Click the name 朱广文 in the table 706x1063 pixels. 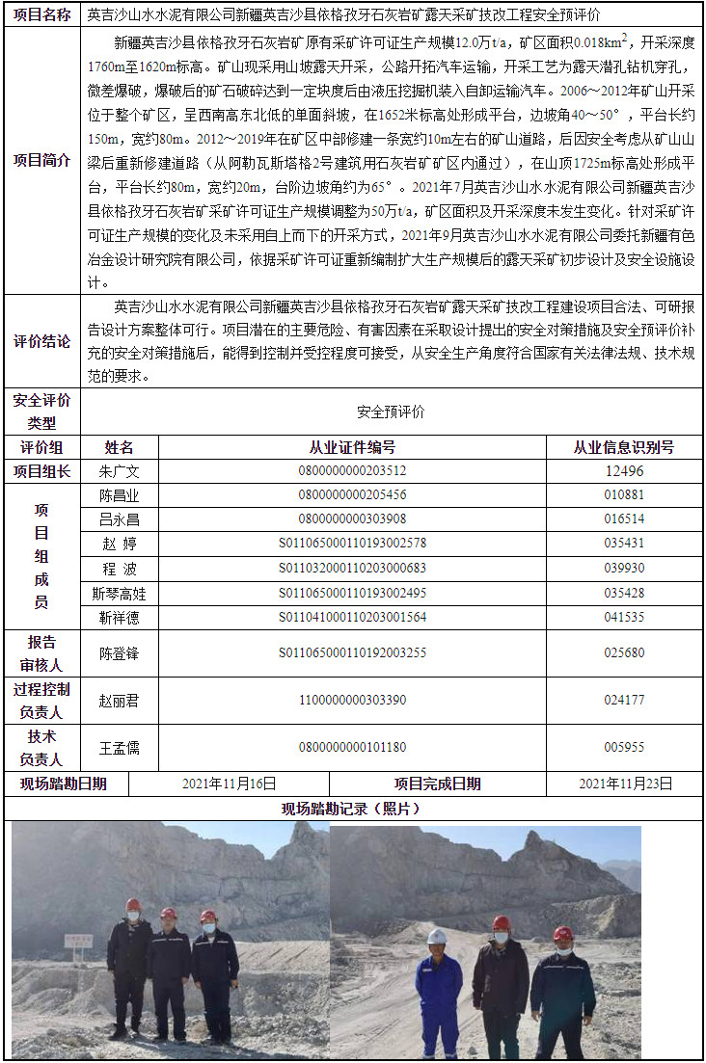click(119, 471)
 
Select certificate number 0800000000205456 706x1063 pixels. click(352, 495)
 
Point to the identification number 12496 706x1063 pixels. click(624, 471)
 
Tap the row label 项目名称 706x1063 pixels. click(42, 15)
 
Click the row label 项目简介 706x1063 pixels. click(42, 160)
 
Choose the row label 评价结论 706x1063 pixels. click(42, 342)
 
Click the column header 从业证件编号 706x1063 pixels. click(352, 447)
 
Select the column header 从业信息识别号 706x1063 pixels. click(624, 447)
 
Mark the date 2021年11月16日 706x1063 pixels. click(230, 784)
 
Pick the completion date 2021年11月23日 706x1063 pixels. click(625, 784)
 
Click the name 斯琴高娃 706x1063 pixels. click(119, 593)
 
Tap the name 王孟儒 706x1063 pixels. click(119, 747)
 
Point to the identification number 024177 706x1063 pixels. click(624, 700)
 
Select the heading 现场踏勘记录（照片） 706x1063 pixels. click(352, 808)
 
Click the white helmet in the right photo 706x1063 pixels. click(437, 936)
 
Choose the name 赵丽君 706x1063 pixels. click(119, 700)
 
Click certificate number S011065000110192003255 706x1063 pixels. click(352, 652)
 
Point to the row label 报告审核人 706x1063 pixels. click(42, 652)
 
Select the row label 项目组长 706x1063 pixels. click(42, 471)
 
